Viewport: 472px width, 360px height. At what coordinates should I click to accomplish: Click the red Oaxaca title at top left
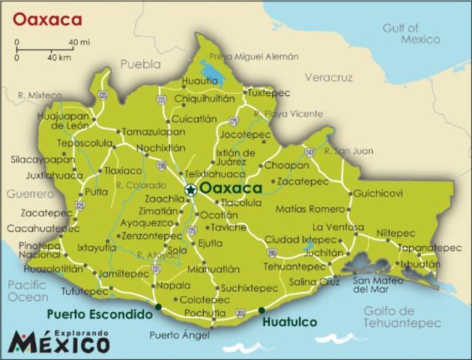pos(47,17)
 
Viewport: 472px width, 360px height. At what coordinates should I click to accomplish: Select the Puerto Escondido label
pos(99,315)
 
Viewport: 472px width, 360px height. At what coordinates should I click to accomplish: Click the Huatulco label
pos(290,322)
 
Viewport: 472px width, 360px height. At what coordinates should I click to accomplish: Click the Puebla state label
pos(140,64)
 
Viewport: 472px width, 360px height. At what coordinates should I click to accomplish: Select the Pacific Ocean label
pos(28,291)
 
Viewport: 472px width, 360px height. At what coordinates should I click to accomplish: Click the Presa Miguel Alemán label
pos(253,57)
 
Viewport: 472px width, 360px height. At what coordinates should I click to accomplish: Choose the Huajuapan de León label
pos(63,121)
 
